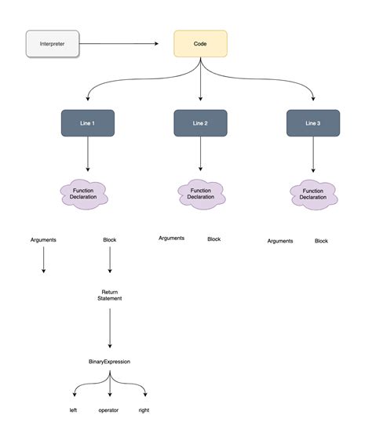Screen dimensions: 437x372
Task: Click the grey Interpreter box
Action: [x=53, y=44]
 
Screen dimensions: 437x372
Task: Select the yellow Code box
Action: [x=200, y=43]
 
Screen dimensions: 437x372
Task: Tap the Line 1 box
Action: [x=88, y=123]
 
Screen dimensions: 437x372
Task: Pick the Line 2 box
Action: [x=200, y=123]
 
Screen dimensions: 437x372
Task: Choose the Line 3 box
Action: [x=313, y=123]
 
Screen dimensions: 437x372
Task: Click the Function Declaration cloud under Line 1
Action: [x=87, y=194]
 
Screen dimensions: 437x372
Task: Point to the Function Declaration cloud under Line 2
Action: [x=200, y=193]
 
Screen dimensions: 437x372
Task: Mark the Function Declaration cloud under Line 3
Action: [x=313, y=194]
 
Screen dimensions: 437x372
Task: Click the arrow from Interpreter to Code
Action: [x=126, y=44]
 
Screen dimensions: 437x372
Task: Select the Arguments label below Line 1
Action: [x=43, y=239]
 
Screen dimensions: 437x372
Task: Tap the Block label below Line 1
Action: [x=110, y=239]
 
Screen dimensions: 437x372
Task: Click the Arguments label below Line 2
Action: [x=171, y=238]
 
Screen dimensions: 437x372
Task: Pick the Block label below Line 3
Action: [x=321, y=241]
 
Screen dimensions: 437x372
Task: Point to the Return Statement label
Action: [x=110, y=294]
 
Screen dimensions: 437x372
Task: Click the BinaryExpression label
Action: [x=109, y=362]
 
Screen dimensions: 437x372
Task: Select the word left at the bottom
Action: [x=74, y=410]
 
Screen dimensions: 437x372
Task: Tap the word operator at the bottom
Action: [x=109, y=410]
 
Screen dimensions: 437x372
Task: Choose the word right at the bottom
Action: [x=144, y=410]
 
